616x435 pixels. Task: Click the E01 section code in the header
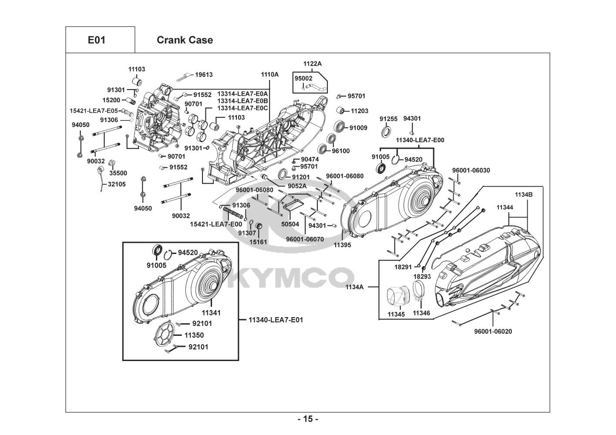[x=96, y=40]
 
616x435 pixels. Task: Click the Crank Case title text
[x=185, y=40]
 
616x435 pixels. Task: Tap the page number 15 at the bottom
[x=307, y=419]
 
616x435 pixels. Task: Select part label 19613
[x=203, y=75]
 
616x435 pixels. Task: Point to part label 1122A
[x=312, y=64]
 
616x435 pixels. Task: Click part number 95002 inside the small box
[x=303, y=78]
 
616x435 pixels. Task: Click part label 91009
[x=358, y=128]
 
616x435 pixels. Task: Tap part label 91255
[x=388, y=118]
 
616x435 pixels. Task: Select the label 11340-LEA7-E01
[x=276, y=320]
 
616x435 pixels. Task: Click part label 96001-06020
[x=493, y=331]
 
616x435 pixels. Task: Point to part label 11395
[x=342, y=245]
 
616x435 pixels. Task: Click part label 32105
[x=117, y=184]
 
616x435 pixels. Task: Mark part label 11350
[x=194, y=335]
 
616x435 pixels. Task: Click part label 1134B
[x=524, y=194]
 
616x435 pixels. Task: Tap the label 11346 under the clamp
[x=421, y=313]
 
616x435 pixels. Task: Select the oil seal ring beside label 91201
[x=283, y=174]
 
